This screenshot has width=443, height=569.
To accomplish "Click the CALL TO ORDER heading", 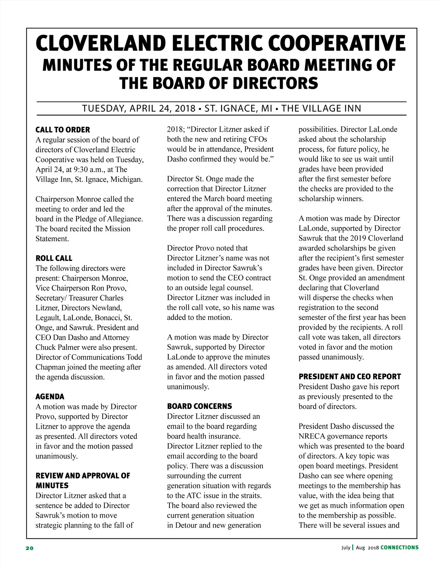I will [x=63, y=130].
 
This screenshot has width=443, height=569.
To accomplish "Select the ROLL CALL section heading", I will [x=54, y=258].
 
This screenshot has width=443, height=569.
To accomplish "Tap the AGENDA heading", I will [x=50, y=397].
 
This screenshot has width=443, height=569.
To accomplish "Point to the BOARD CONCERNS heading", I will [x=199, y=406].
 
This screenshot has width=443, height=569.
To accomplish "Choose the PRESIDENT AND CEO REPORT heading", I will [x=350, y=377].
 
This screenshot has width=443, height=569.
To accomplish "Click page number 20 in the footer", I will [x=30, y=548].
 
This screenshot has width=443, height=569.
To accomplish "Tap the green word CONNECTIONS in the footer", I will [x=399, y=548].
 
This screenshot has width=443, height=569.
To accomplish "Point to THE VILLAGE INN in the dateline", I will [x=321, y=109].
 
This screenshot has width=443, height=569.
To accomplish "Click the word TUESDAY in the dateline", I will [x=103, y=109].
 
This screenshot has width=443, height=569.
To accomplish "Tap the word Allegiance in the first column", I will [x=124, y=219].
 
